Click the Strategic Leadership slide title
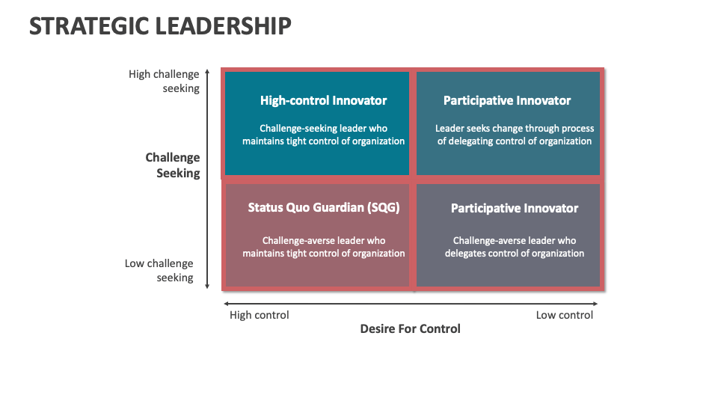coord(160,25)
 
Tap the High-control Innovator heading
coord(323,100)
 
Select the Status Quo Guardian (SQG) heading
coord(323,208)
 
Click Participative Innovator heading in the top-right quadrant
coord(507,100)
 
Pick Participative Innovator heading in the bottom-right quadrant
coord(515,208)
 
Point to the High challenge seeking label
coord(164,81)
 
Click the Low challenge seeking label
coord(159,270)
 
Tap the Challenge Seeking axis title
coord(173,165)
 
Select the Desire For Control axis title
coord(410,328)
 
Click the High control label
coord(259,315)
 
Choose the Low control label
coord(564,315)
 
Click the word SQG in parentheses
coord(381,208)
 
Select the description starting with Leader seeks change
coord(514,135)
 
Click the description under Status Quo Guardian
coord(323,247)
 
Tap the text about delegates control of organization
coord(515,247)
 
